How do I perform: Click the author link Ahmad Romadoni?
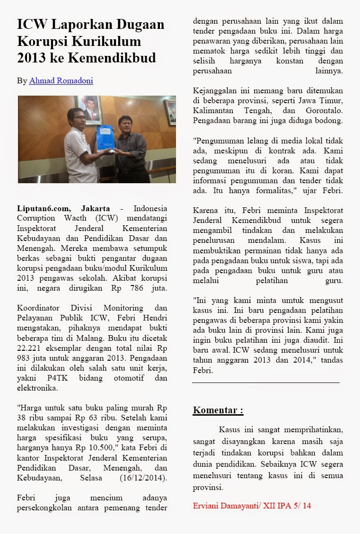pyautogui.click(x=61, y=81)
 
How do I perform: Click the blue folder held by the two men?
pyautogui.click(x=105, y=138)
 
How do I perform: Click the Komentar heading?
pyautogui.click(x=218, y=410)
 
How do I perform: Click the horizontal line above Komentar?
pyautogui.click(x=266, y=382)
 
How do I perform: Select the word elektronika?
pyautogui.click(x=37, y=388)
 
